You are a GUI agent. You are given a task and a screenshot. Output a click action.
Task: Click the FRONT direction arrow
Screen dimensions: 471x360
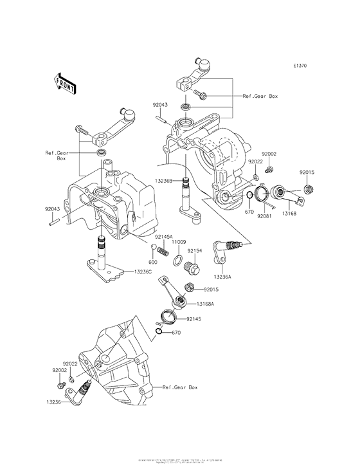tap(63, 82)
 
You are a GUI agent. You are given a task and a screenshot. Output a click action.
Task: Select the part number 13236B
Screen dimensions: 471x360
tap(164, 181)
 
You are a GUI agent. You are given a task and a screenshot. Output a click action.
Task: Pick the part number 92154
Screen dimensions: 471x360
tap(195, 251)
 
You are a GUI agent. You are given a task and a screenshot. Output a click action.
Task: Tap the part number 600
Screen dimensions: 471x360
tap(153, 262)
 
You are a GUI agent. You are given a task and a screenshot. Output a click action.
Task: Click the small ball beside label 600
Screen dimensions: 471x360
tap(154, 248)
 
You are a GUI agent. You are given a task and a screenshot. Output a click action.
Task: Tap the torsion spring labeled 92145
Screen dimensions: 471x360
tap(168, 317)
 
